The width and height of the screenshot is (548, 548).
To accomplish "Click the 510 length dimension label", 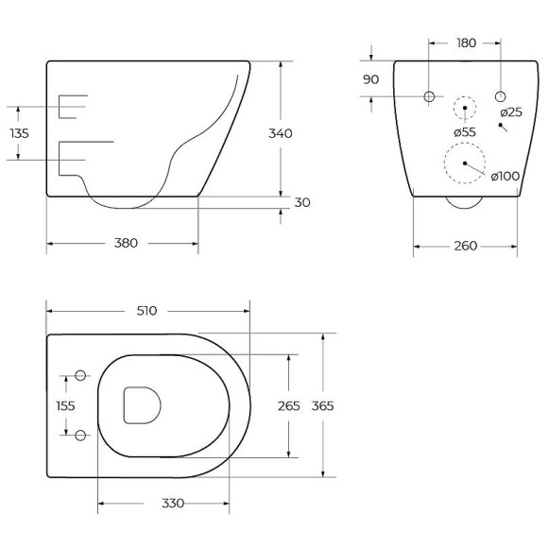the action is click(x=146, y=311).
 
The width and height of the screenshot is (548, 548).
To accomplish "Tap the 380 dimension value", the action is click(x=126, y=243).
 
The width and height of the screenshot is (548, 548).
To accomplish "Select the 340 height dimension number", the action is click(x=281, y=133).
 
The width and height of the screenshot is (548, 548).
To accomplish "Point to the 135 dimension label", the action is click(x=20, y=133).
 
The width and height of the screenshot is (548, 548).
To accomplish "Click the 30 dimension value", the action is click(x=302, y=202).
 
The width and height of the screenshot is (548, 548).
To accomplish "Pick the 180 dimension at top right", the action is click(x=466, y=43).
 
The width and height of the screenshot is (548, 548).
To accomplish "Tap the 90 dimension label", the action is click(x=370, y=79).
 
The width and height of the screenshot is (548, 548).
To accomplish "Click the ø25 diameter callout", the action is click(x=511, y=112).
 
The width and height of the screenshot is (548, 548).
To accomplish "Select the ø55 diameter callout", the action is click(x=465, y=132).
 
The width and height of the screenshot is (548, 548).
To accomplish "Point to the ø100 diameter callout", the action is click(x=505, y=176).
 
